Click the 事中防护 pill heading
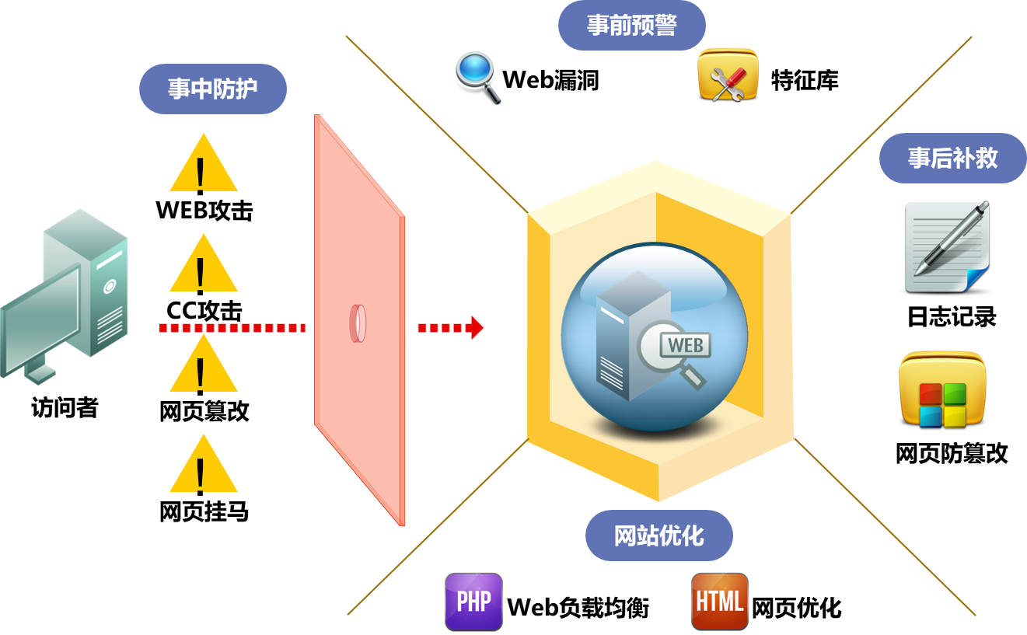[212, 89]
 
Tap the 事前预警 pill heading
[631, 26]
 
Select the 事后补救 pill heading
[952, 159]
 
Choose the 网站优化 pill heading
[658, 536]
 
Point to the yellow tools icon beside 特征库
[728, 76]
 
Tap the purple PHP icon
[473, 602]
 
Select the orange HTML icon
[719, 602]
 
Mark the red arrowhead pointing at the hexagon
[475, 327]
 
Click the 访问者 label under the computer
[65, 407]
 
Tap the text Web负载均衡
[578, 608]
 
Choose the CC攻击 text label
[204, 311]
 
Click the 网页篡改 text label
[204, 410]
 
